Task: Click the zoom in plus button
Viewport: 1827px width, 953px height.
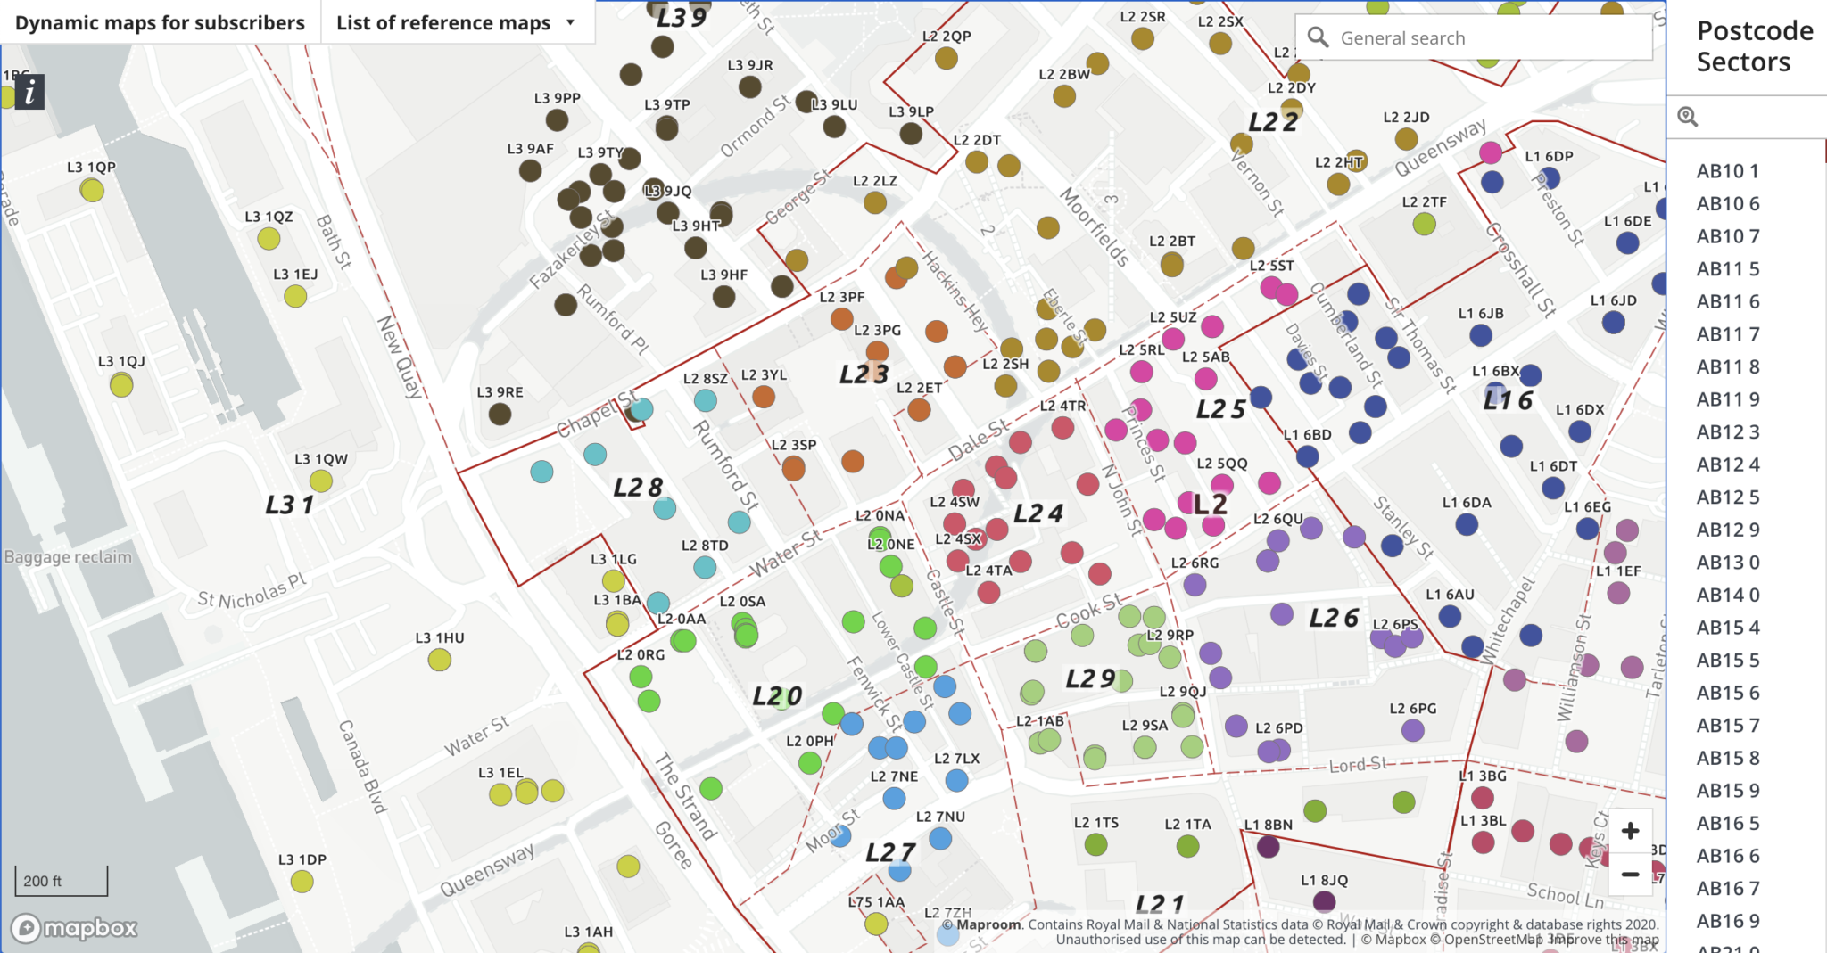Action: [1630, 832]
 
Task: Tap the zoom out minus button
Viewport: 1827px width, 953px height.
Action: [1630, 875]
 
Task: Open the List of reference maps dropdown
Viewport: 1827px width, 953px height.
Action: [456, 23]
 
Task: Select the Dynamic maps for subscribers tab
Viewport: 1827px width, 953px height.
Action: [160, 23]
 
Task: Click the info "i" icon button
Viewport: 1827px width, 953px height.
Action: [30, 92]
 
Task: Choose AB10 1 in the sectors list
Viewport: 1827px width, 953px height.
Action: [1727, 171]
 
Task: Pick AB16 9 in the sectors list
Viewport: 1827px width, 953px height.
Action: [1727, 921]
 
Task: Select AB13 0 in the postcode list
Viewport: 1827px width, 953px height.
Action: [1727, 563]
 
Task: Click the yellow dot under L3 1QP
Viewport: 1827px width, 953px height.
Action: [92, 190]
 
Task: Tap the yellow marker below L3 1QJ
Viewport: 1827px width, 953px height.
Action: [121, 385]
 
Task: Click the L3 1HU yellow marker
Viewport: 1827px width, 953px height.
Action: [439, 660]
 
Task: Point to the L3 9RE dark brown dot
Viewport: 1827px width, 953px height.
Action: [500, 414]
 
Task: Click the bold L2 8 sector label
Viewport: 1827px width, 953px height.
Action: [638, 488]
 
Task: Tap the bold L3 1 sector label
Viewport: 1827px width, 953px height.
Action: [289, 505]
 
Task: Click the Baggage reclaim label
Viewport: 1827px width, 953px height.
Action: [68, 557]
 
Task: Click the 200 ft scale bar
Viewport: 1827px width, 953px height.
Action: [61, 881]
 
